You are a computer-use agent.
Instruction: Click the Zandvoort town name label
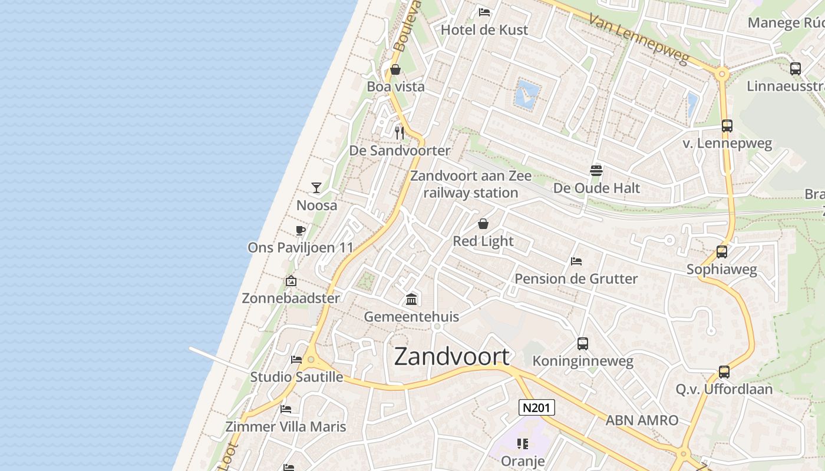452,357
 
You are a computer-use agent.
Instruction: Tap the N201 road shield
537,407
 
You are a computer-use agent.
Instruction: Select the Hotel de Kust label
484,29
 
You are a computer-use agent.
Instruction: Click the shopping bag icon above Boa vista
395,70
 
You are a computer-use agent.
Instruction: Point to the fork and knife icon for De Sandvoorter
400,132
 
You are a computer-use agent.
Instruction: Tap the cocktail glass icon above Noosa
316,188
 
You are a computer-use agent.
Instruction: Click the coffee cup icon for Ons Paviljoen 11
300,230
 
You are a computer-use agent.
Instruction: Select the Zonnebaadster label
291,298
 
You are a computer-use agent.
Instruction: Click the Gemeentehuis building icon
411,300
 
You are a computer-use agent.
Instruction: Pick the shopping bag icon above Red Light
483,224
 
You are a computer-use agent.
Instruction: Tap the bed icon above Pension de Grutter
576,261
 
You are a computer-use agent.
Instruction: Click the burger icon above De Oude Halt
596,171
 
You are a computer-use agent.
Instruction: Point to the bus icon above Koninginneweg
583,344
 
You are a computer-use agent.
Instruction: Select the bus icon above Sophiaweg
722,252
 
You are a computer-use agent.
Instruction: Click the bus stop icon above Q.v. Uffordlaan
724,372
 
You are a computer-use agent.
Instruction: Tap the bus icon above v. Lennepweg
727,126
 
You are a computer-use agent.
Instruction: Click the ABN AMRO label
642,420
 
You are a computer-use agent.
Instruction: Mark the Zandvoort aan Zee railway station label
471,184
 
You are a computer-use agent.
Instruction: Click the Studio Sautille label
296,377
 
